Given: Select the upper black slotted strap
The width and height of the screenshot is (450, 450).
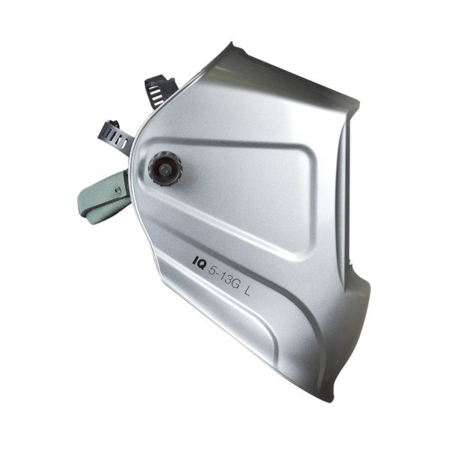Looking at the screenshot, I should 160,88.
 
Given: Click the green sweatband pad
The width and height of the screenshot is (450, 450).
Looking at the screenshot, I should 101,196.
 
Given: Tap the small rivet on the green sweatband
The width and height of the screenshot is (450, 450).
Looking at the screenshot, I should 116,190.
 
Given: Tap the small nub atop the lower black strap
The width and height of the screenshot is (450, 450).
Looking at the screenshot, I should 113,122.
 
